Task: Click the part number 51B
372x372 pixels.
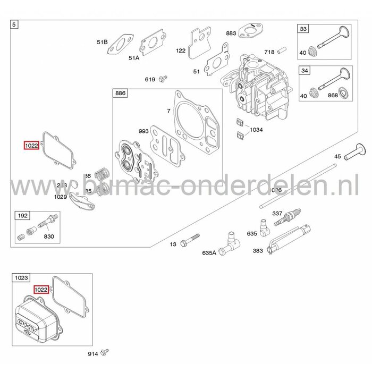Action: [102, 42]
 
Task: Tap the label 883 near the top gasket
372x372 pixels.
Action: [231, 33]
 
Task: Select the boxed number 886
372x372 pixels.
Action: [120, 93]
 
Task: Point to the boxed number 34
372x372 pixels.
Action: [303, 70]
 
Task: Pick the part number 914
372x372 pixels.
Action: [94, 353]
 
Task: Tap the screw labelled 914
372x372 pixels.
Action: [106, 351]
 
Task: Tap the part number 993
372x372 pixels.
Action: [143, 131]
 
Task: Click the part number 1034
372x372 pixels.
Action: [256, 130]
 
